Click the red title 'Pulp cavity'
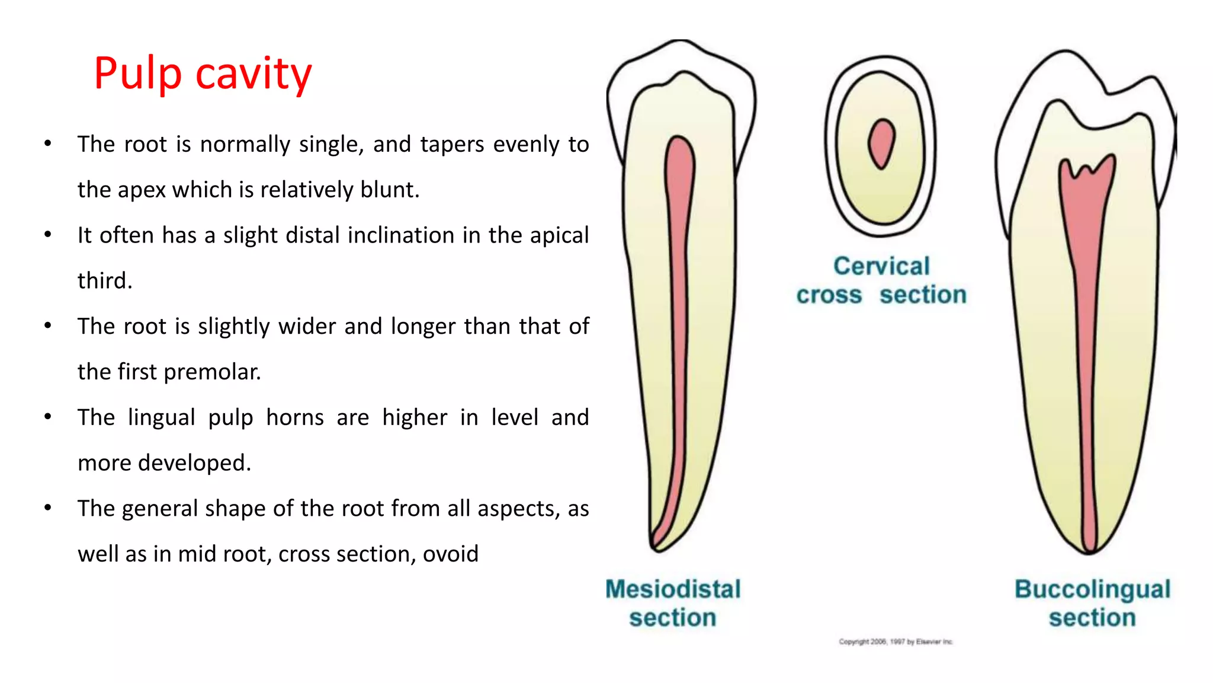pyautogui.click(x=203, y=74)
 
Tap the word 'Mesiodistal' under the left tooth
pyautogui.click(x=673, y=589)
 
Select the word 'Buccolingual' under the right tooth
pyautogui.click(x=1092, y=589)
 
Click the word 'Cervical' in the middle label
pyautogui.click(x=881, y=266)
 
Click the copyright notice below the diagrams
pyautogui.click(x=896, y=641)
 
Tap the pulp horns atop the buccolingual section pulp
pyautogui.click(x=1087, y=170)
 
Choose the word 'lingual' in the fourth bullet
pyautogui.click(x=161, y=417)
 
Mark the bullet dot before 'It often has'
pyautogui.click(x=48, y=235)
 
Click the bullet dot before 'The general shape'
pyautogui.click(x=48, y=508)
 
